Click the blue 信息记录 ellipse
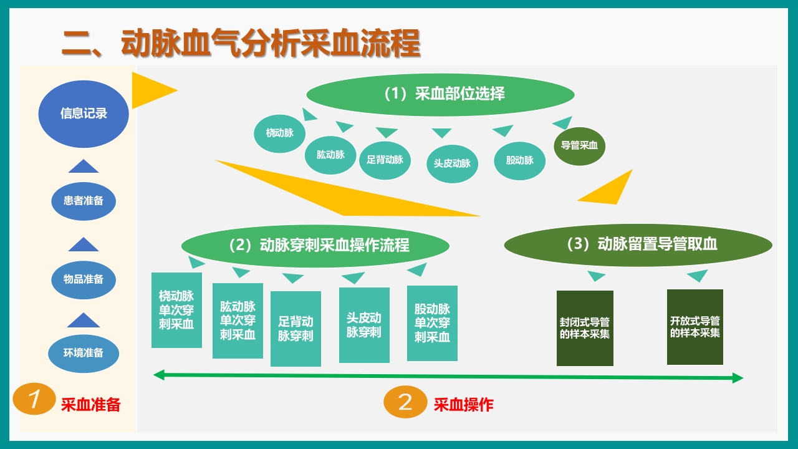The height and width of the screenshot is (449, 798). tap(84, 113)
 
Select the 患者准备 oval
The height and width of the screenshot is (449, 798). tap(84, 201)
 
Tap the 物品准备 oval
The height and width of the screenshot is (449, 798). tap(84, 279)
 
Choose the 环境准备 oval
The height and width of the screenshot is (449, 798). tap(84, 353)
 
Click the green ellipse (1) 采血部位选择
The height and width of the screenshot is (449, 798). tap(440, 94)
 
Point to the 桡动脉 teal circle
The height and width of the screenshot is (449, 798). tap(279, 133)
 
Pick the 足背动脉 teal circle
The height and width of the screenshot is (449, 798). tap(385, 159)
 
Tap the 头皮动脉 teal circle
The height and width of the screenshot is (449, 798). tap(452, 163)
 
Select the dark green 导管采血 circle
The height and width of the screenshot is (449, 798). tap(579, 146)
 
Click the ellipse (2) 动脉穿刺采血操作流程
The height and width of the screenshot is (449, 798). tap(315, 245)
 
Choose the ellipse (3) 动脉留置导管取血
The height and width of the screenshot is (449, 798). tap(638, 244)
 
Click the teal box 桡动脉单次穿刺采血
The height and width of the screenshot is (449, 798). tap(176, 310)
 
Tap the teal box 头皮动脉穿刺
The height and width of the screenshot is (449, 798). tap(364, 325)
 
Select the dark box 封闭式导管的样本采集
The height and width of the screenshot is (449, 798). tap(585, 328)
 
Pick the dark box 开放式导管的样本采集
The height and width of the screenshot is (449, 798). tap(695, 327)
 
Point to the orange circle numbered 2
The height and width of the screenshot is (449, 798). tap(405, 402)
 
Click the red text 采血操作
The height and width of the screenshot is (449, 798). tap(463, 405)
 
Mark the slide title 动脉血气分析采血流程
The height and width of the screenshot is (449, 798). tap(241, 44)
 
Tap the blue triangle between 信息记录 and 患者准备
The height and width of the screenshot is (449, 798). tap(84, 166)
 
